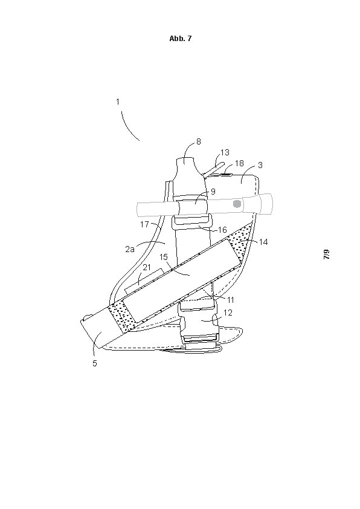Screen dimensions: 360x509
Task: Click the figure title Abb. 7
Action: [x=181, y=38]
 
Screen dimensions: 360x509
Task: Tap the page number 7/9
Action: [x=327, y=254]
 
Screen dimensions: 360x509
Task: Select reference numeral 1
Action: [x=118, y=102]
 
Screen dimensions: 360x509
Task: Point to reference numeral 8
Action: [x=199, y=141]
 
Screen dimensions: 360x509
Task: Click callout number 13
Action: [x=225, y=152]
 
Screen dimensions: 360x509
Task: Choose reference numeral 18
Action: [x=239, y=163]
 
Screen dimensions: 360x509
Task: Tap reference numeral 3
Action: [x=260, y=165]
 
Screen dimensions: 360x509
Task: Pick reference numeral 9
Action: [x=213, y=192]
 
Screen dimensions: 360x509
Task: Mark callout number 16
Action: [x=222, y=230]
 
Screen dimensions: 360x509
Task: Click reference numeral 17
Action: [x=144, y=224]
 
